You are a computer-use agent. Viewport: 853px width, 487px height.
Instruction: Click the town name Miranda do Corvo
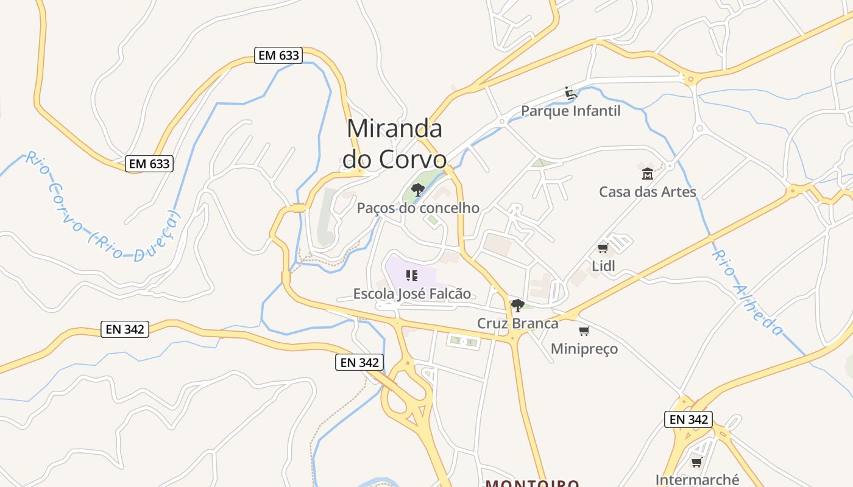pos(394,144)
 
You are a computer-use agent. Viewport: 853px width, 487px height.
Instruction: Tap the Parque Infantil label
pos(570,111)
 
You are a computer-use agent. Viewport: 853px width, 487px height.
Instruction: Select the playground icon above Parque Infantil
pos(570,93)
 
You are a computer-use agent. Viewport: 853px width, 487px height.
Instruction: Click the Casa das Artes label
pos(647,192)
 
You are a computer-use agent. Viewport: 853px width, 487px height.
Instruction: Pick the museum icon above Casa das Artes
pos(647,174)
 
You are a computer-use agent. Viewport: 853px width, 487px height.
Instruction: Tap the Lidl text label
pos(603,266)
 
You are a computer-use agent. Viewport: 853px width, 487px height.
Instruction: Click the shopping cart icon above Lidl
pos(603,248)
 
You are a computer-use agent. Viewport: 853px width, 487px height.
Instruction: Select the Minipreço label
pos(584,349)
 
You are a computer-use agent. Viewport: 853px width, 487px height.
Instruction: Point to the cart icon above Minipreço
pos(584,331)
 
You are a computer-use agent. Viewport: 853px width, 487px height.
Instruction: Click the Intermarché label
pos(697,480)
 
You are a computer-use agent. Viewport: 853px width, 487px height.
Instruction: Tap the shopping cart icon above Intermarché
pos(696,462)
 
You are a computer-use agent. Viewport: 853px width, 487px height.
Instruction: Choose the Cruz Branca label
pos(517,323)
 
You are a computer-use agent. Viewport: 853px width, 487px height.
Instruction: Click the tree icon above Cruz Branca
pos(517,305)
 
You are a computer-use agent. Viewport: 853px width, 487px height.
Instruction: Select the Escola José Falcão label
pos(412,294)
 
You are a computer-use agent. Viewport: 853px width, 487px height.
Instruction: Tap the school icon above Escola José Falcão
pos(412,276)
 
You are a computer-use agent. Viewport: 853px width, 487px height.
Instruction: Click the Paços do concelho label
pos(418,208)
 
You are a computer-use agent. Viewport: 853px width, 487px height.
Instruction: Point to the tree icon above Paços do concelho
pos(417,190)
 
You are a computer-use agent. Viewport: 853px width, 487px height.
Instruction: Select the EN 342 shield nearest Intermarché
pos(688,419)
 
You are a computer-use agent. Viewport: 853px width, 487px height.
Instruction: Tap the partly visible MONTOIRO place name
pos(532,483)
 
